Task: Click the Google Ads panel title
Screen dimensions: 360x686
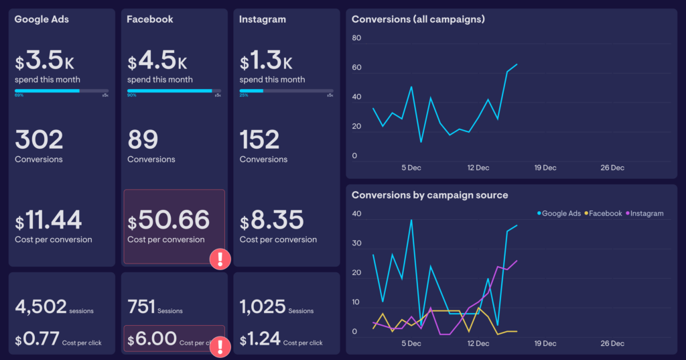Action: [x=42, y=19]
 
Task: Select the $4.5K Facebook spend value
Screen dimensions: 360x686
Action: [x=157, y=62]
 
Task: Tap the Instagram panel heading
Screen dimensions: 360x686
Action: [x=262, y=19]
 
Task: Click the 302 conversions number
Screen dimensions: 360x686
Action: [x=39, y=140]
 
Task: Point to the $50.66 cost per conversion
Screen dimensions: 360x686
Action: [x=169, y=220]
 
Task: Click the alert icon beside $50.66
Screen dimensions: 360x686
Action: [x=220, y=259]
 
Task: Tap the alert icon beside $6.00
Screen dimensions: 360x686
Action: [x=220, y=347]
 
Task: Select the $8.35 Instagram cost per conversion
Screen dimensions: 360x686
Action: [x=273, y=220]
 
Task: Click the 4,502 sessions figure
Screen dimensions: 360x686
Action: [x=41, y=307]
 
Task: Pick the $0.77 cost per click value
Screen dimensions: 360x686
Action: [x=36, y=339]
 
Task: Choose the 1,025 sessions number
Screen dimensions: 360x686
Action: [x=262, y=307]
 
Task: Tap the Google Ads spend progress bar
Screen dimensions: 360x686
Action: [x=62, y=91]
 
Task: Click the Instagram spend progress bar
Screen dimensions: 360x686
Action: [x=286, y=91]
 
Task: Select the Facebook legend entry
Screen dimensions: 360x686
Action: [x=603, y=213]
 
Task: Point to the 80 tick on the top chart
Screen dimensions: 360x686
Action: [x=356, y=38]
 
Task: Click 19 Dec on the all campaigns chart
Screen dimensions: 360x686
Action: [x=544, y=168]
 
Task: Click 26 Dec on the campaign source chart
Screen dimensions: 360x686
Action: [x=612, y=343]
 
